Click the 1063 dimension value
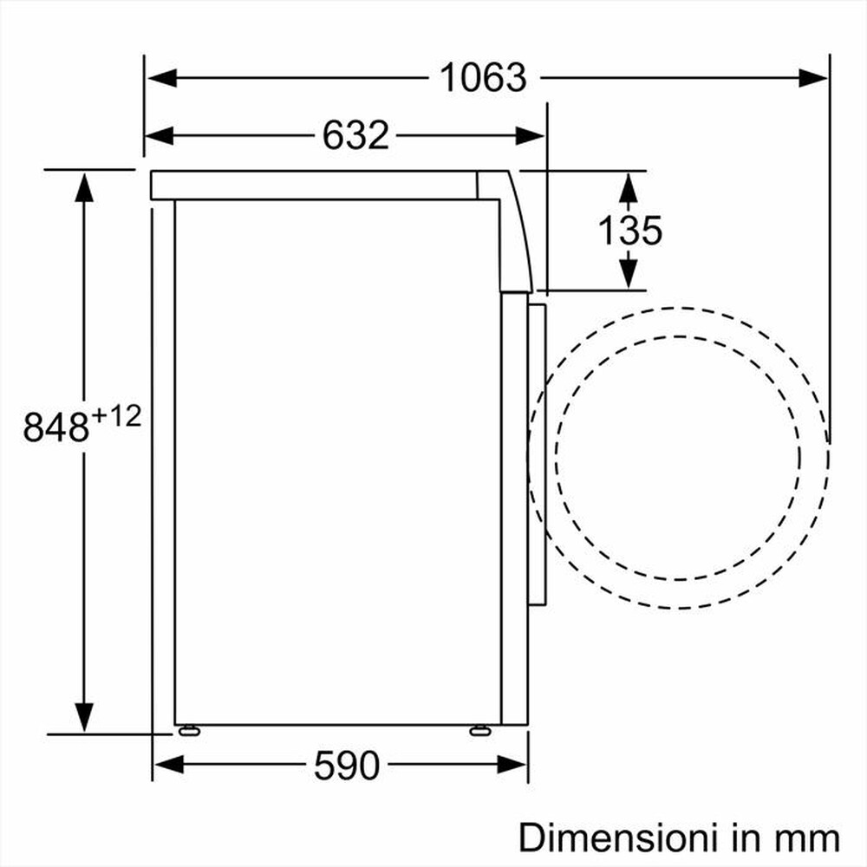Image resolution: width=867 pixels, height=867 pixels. (x=483, y=78)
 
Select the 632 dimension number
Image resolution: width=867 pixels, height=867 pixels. (x=355, y=135)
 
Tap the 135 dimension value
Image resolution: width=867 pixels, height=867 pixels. (x=630, y=230)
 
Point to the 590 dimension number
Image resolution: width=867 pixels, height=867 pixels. (x=346, y=766)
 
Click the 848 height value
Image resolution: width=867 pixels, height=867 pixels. (x=56, y=427)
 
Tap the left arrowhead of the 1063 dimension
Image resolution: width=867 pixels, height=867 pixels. (x=161, y=78)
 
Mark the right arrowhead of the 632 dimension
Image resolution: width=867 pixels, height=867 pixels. (x=530, y=135)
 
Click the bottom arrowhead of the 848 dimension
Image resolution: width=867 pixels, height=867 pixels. (x=84, y=717)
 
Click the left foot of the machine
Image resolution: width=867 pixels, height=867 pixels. (x=187, y=731)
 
